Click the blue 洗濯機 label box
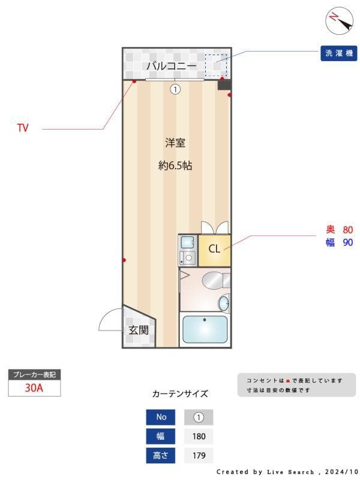click(339, 53)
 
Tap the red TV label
click(23, 128)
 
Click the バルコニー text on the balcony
click(172, 65)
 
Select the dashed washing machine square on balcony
click(216, 65)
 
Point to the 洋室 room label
click(175, 143)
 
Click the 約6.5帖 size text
click(175, 166)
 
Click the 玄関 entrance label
click(138, 330)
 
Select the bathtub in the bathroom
click(205, 329)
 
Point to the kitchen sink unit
click(187, 250)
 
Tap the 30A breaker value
click(34, 388)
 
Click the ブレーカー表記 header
click(34, 374)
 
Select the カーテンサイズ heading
click(179, 394)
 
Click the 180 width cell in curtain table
click(199, 436)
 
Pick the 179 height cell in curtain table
click(199, 455)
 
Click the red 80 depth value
click(347, 230)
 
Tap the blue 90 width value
click(347, 243)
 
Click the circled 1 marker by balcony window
click(175, 89)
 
